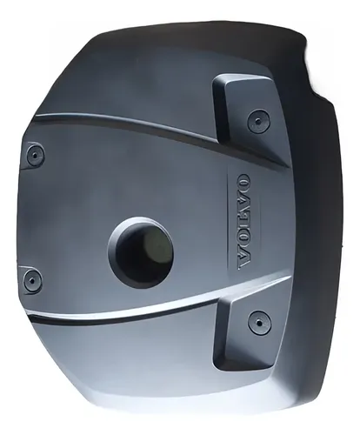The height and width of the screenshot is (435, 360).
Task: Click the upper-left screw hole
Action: point(34,154)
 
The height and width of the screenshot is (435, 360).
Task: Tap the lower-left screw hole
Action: point(31,279)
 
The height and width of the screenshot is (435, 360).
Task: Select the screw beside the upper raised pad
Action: point(258,121)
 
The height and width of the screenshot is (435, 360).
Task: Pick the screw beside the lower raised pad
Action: point(259,322)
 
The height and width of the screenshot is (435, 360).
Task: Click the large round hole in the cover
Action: point(142,252)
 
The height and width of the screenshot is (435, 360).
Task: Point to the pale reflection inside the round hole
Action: point(156,246)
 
